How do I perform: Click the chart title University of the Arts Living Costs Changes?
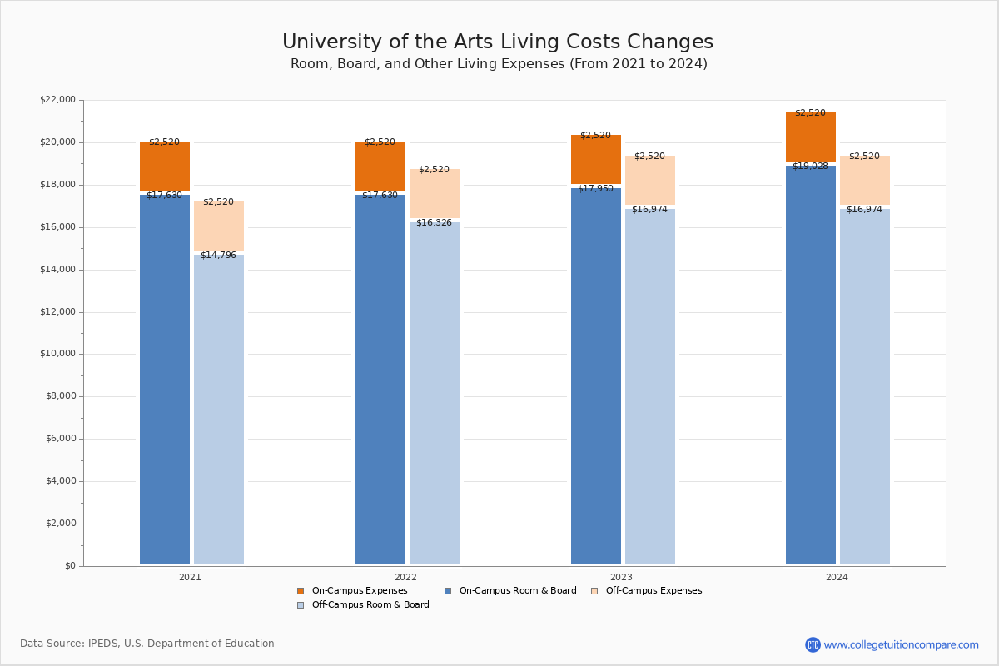click(498, 42)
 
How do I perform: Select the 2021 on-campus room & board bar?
click(165, 379)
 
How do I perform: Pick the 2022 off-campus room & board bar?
click(435, 393)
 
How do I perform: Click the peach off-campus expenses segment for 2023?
click(650, 180)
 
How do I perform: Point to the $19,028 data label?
click(810, 166)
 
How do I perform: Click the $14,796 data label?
click(218, 256)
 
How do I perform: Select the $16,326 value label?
click(434, 223)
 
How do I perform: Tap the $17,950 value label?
click(595, 189)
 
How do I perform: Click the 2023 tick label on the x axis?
click(621, 577)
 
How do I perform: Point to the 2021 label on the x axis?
click(190, 577)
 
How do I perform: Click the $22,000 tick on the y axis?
click(57, 100)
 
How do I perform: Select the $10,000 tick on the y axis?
click(57, 354)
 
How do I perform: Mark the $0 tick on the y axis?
click(69, 566)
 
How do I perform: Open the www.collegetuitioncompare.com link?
click(901, 644)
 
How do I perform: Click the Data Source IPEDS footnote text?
click(147, 644)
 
